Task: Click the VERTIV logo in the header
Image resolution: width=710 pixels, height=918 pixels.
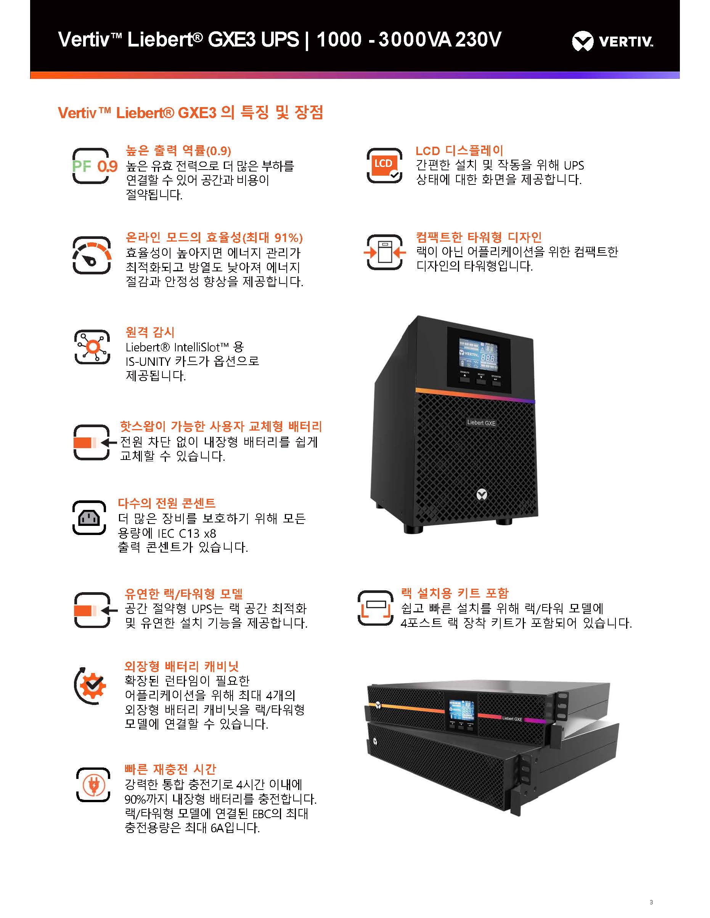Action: pos(612,41)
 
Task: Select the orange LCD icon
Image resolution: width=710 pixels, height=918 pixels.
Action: pos(384,166)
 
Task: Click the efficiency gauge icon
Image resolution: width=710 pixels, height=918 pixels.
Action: pos(92,255)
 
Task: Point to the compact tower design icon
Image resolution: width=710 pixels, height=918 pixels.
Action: pos(385,252)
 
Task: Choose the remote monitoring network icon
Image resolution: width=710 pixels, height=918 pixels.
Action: pos(92,347)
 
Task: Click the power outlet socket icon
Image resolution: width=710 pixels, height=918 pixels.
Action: pos(89,517)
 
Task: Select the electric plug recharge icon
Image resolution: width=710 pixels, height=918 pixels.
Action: pos(93,785)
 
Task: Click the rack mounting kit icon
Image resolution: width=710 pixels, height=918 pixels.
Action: pos(375,608)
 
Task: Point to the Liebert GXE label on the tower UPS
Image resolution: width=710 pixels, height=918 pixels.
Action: pos(481,423)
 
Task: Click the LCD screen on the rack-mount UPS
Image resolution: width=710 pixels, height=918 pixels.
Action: pos(461,710)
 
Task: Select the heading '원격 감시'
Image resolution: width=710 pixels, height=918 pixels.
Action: pos(150,332)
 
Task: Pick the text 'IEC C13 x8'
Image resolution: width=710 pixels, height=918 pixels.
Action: pos(187,533)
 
